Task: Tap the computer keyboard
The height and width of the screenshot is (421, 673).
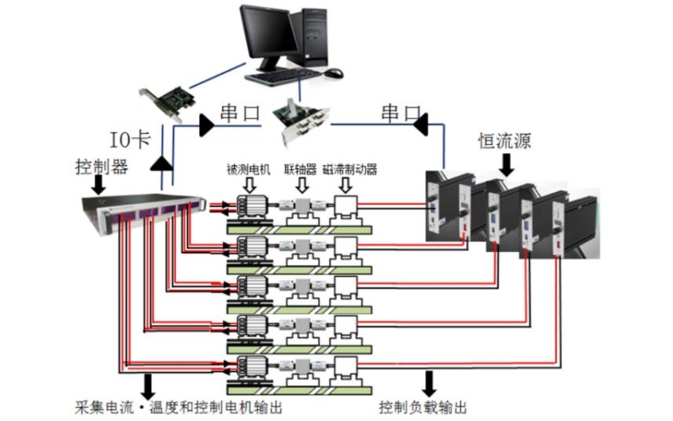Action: [x=287, y=77]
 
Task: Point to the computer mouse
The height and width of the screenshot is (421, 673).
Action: [x=334, y=72]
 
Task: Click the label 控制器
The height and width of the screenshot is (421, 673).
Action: [x=100, y=167]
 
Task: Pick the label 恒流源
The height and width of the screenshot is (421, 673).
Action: [x=505, y=139]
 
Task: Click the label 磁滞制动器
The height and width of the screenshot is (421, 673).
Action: [x=350, y=169]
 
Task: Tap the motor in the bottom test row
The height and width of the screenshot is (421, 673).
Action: [x=251, y=368]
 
